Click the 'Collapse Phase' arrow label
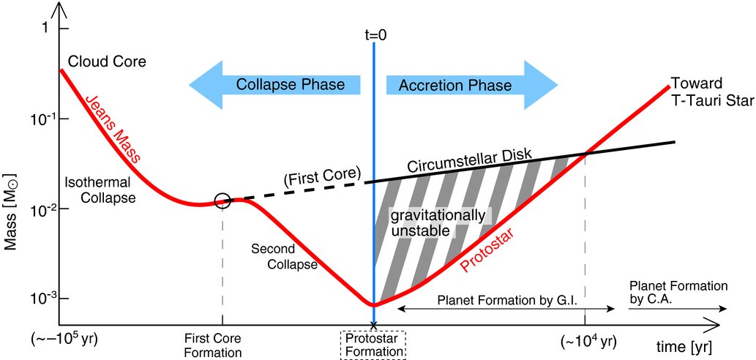pyautogui.click(x=290, y=85)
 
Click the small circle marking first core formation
pyautogui.click(x=222, y=200)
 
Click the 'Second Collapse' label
pyautogui.click(x=284, y=256)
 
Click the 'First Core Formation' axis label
pyautogui.click(x=222, y=345)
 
